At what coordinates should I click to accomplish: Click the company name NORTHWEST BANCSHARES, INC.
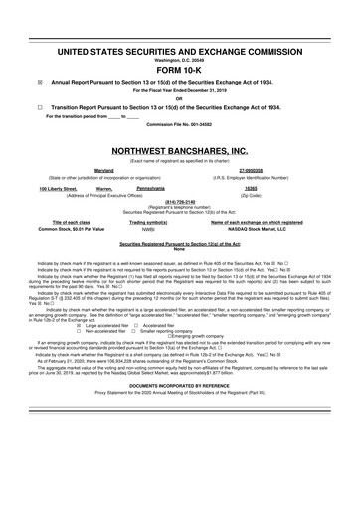tap(179, 150)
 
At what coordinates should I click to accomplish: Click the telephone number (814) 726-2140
tap(179, 199)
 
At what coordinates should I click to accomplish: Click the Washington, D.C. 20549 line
tap(179, 59)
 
